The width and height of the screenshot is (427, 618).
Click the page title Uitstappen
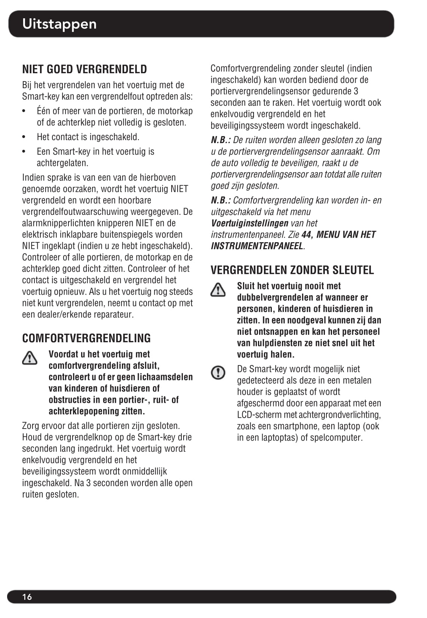[x=59, y=24]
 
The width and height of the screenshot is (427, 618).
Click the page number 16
[x=27, y=597]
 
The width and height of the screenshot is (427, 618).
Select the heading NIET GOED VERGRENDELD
[x=85, y=69]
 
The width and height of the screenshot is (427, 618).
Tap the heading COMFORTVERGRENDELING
[x=86, y=338]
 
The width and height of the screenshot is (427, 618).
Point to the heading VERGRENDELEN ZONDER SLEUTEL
[x=292, y=270]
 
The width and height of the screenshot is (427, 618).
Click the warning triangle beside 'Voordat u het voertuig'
[x=30, y=358]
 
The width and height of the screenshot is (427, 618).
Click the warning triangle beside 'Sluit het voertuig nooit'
[x=218, y=290]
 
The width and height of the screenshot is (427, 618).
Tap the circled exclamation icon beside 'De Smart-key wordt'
[x=218, y=372]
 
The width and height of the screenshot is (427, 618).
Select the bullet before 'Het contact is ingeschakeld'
[x=24, y=137]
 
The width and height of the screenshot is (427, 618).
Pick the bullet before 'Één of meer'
[x=24, y=111]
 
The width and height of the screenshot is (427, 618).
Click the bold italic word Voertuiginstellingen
[x=249, y=223]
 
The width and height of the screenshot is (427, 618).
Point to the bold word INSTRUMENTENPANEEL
[x=257, y=246]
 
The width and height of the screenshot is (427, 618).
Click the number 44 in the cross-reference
[x=306, y=235]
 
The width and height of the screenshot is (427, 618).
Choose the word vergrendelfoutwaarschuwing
[x=75, y=212]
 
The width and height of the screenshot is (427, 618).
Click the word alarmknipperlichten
[x=58, y=223]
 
